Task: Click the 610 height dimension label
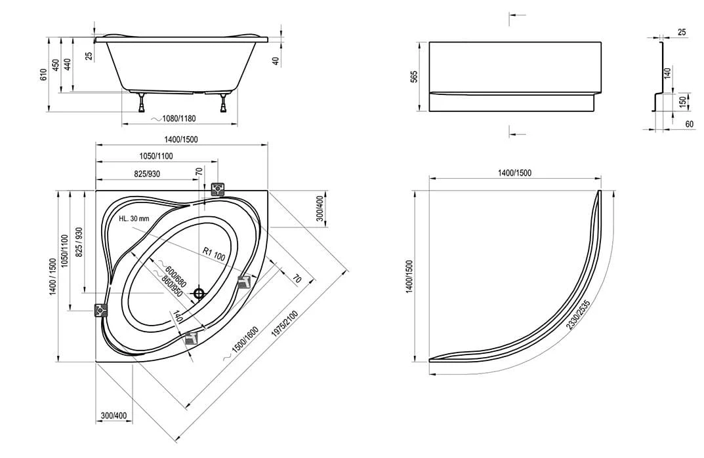tap(43, 74)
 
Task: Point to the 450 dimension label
tap(56, 65)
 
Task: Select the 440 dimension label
tap(68, 65)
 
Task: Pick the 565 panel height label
tap(414, 76)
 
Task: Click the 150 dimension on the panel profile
tap(682, 102)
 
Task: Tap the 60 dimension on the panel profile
tap(690, 124)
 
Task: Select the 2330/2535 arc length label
tap(578, 314)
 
